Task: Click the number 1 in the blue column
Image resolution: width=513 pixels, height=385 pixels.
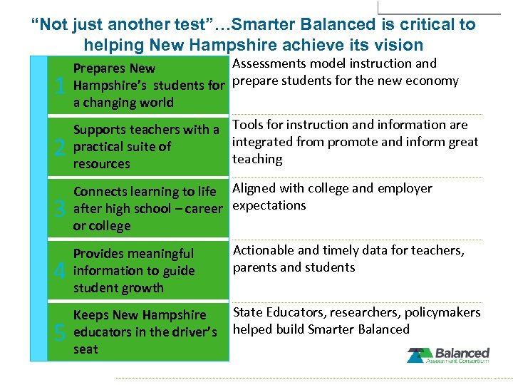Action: (61, 86)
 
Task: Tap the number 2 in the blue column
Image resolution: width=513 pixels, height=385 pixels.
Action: (61, 148)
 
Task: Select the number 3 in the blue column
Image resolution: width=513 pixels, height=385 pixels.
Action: (61, 210)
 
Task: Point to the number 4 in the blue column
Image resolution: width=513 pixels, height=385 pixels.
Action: (61, 271)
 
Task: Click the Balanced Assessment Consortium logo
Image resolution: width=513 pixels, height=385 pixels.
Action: (448, 355)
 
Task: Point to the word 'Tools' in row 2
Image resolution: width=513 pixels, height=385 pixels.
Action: (248, 125)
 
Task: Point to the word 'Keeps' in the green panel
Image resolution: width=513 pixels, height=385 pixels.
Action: (90, 315)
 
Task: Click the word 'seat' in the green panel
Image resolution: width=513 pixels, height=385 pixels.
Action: (85, 349)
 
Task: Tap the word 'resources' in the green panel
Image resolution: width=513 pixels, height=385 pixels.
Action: (102, 164)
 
